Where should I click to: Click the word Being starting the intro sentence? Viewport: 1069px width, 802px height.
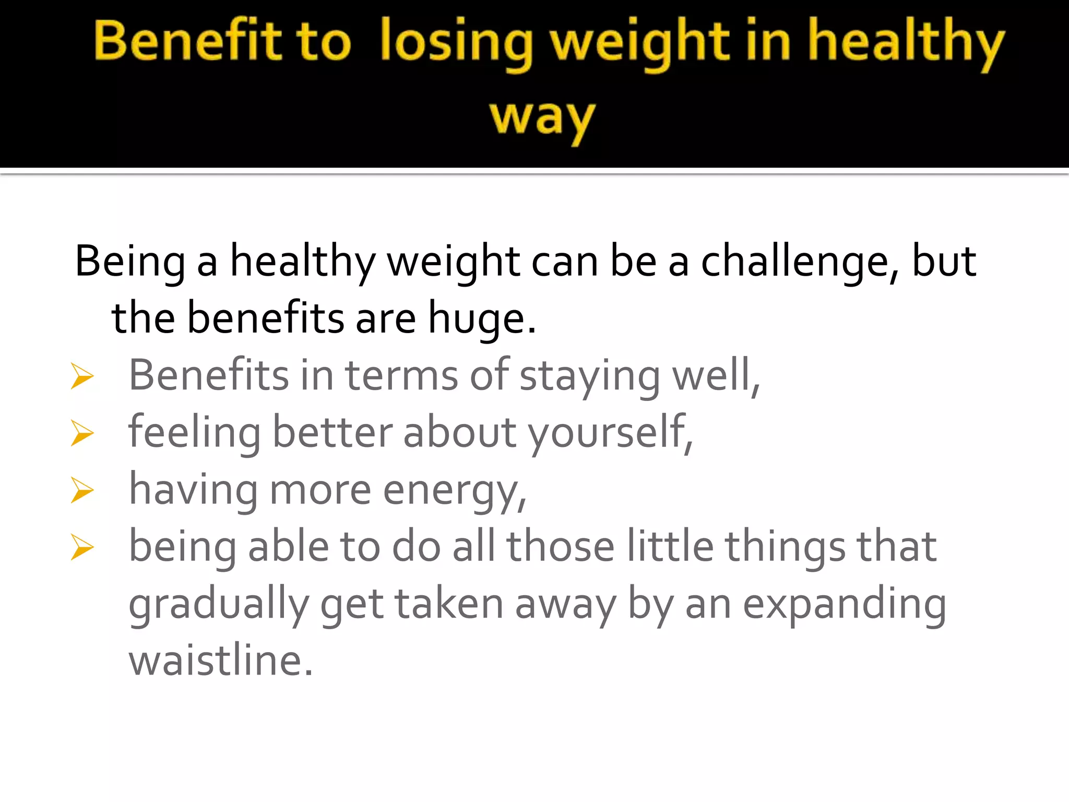pyautogui.click(x=130, y=262)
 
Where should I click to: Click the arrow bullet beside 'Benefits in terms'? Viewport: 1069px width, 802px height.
pyautogui.click(x=82, y=376)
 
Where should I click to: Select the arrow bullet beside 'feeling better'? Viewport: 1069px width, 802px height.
pyautogui.click(x=82, y=433)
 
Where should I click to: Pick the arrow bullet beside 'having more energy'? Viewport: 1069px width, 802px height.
pyautogui.click(x=82, y=490)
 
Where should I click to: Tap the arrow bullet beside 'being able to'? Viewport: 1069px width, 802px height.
pyautogui.click(x=82, y=547)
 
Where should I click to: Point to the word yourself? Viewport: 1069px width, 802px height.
pyautogui.click(x=610, y=433)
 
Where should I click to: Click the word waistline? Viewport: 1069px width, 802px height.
pyautogui.click(x=220, y=660)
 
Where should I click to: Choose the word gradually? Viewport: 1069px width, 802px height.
pyautogui.click(x=219, y=605)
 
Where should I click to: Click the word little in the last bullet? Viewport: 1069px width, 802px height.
pyautogui.click(x=670, y=547)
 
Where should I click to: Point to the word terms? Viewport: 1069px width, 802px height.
pyautogui.click(x=401, y=376)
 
